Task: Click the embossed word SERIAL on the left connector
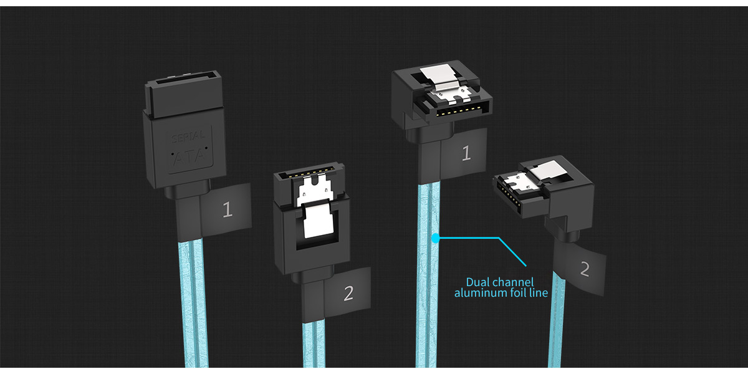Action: pos(188,137)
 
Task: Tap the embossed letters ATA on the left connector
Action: pos(189,156)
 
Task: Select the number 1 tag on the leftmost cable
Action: pos(226,209)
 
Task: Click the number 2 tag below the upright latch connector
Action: pos(347,292)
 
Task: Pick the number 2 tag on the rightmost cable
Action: pos(583,269)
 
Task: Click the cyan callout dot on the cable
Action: pos(436,238)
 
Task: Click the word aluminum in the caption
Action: pos(481,293)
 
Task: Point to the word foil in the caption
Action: pos(518,293)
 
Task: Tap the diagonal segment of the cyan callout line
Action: pos(512,252)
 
